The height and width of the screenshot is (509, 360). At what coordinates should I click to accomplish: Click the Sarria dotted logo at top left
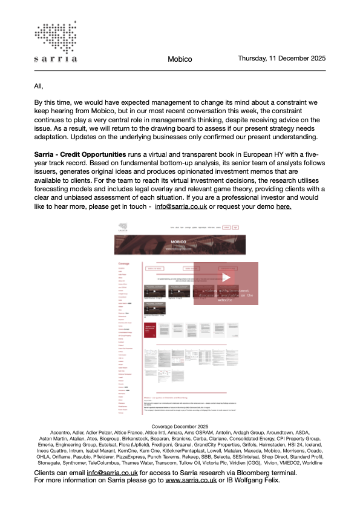point(56,42)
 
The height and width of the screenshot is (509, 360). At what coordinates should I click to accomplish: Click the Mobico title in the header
point(180,60)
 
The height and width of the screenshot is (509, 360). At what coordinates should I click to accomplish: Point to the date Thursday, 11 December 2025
point(282,59)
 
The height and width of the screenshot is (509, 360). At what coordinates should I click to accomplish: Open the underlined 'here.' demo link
point(284,206)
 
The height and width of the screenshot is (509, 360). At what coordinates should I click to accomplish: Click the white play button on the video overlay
point(226,278)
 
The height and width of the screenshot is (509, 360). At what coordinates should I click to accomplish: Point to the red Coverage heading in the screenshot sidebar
point(123,264)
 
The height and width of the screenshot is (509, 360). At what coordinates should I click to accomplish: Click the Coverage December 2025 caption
point(180,427)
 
